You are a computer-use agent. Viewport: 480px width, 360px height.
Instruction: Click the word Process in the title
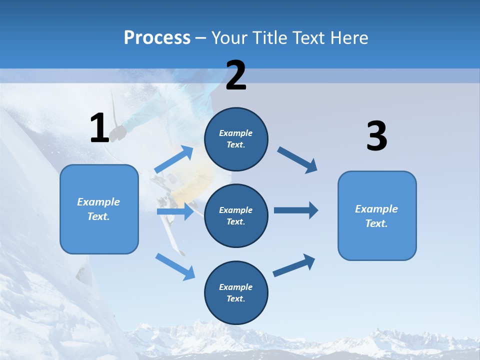(157, 38)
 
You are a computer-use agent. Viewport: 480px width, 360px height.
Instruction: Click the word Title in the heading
(270, 38)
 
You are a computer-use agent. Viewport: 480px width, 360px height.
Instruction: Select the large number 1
(99, 128)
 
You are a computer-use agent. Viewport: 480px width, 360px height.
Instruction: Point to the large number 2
(236, 75)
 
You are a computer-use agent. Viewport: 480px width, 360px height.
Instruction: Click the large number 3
(376, 136)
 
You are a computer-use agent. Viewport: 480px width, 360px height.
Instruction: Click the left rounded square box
(99, 209)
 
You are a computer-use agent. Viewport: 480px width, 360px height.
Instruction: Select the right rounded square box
(377, 215)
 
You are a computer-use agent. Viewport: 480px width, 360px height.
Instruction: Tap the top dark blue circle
(236, 139)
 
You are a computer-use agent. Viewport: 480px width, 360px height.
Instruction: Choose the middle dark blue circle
(236, 215)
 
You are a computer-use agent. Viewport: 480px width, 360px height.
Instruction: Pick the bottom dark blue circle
(236, 292)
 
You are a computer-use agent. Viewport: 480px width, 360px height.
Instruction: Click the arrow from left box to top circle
(174, 160)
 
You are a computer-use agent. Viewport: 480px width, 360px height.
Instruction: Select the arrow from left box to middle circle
(175, 211)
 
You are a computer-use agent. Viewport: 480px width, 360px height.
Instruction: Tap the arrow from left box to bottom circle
(175, 266)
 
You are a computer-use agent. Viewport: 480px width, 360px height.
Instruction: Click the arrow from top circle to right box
(297, 159)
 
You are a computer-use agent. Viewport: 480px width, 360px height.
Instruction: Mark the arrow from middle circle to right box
(295, 210)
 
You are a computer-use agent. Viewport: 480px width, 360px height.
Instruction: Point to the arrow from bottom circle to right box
(294, 265)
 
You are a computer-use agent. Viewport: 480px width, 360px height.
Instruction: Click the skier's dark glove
(118, 132)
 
